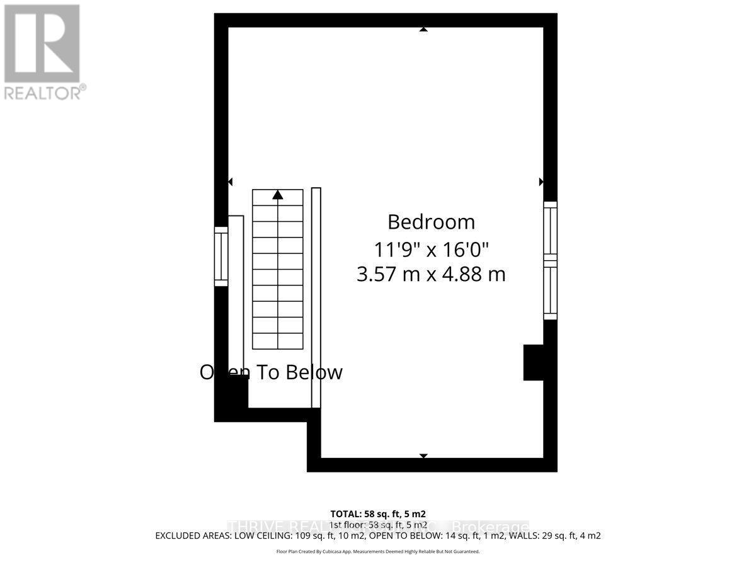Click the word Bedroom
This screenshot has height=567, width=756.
click(x=431, y=222)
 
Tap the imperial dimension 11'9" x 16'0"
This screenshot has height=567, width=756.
click(x=431, y=249)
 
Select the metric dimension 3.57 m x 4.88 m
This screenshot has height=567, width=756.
click(x=431, y=275)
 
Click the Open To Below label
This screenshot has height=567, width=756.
click(x=271, y=372)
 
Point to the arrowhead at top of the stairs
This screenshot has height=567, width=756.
click(x=277, y=195)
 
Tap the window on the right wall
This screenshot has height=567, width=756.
click(x=550, y=260)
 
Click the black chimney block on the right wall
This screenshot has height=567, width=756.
click(x=534, y=362)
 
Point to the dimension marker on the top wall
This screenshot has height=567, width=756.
click(x=423, y=29)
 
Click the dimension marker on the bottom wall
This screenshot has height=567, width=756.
click(x=423, y=455)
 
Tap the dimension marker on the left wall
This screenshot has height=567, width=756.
click(x=230, y=181)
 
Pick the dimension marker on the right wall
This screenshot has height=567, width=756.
click(x=541, y=181)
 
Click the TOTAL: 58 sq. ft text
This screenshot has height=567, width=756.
click(x=382, y=513)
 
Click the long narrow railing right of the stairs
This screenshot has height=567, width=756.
click(x=316, y=297)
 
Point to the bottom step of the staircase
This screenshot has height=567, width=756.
click(x=277, y=341)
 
